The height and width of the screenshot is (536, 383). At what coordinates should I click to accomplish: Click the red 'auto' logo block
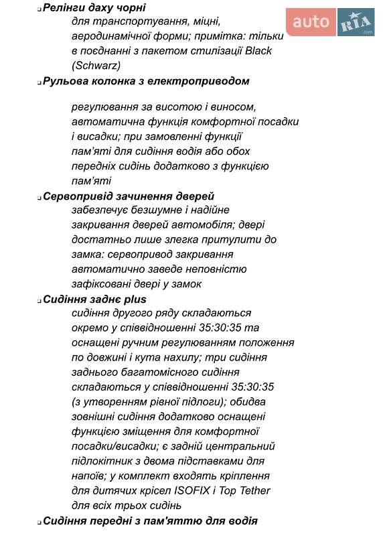pos(311,23)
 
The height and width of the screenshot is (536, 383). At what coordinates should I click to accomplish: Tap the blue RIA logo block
pos(356,23)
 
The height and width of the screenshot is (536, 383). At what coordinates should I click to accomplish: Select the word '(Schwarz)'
pos(96,66)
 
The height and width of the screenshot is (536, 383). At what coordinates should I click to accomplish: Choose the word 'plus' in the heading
pos(135,299)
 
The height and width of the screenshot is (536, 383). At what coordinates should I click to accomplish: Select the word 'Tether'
pos(254,490)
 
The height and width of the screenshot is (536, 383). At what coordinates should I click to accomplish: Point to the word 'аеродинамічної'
pos(108,36)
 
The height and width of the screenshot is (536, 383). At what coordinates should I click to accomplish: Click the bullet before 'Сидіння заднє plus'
pos(39,301)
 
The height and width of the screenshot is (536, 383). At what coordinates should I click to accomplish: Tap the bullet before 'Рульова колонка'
pos(39,82)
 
